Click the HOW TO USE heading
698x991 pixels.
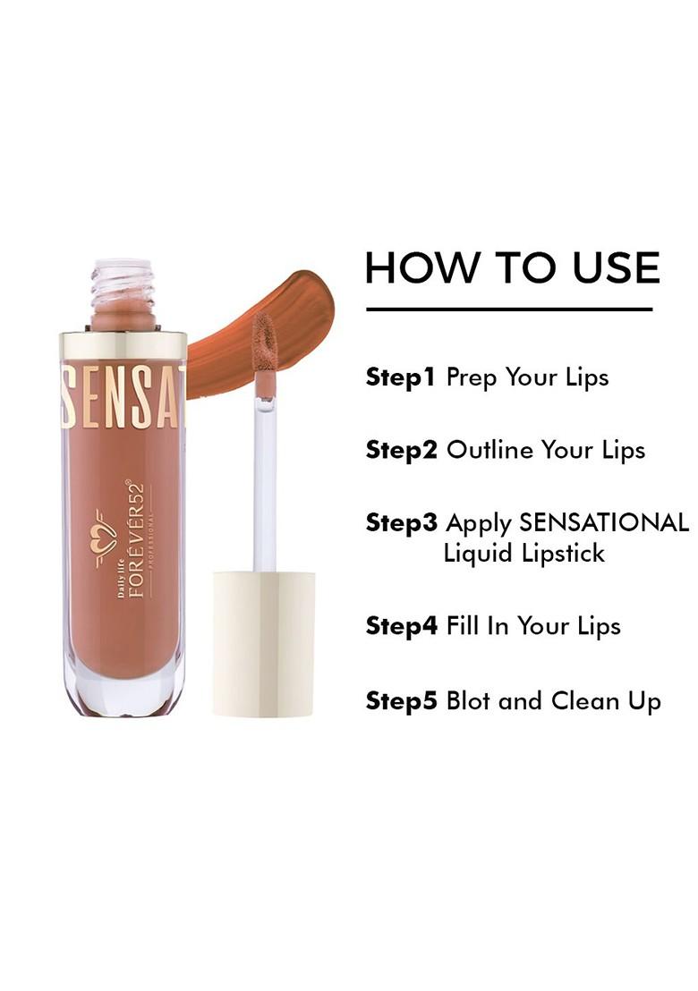[x=512, y=267]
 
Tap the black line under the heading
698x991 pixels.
[x=509, y=309]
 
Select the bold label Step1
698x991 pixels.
[x=400, y=377]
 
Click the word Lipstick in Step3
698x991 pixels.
[x=566, y=554]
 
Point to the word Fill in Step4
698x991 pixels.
[x=463, y=626]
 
